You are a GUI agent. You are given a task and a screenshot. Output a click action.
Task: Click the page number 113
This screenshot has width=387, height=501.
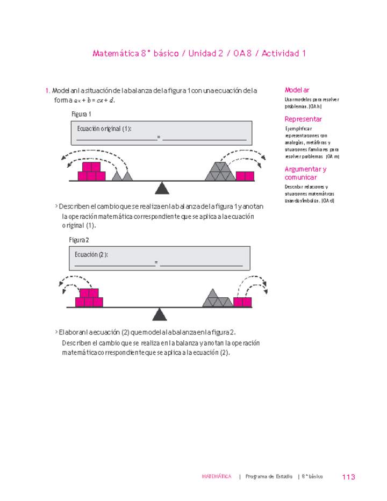(348, 477)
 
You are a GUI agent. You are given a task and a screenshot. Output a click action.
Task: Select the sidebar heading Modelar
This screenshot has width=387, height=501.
(297, 90)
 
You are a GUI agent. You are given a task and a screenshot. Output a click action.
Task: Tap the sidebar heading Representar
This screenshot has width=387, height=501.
(303, 119)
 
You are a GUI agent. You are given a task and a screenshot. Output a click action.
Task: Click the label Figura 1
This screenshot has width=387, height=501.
(81, 114)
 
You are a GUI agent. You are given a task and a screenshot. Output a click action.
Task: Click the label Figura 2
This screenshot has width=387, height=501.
(80, 240)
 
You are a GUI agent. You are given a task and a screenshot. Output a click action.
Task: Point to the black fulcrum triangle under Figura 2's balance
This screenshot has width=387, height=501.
(159, 313)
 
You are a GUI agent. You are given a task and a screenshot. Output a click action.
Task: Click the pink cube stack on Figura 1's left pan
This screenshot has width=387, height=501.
(91, 171)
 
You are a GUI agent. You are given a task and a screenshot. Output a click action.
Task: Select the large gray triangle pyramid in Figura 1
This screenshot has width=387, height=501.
(220, 171)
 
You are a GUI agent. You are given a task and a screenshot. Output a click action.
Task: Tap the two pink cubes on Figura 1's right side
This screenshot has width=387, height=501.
(245, 176)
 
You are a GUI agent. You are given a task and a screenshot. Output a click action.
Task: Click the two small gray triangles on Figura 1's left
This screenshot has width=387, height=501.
(122, 176)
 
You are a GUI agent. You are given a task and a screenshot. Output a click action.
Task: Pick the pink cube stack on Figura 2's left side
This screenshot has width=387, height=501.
(89, 298)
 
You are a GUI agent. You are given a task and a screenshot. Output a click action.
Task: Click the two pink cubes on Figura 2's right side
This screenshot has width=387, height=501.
(242, 302)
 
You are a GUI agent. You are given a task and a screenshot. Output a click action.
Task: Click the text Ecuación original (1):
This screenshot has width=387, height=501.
(104, 129)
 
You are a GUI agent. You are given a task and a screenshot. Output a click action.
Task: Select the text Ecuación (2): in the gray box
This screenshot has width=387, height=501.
(91, 254)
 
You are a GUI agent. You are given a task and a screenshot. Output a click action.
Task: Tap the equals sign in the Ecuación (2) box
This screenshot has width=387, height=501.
(156, 263)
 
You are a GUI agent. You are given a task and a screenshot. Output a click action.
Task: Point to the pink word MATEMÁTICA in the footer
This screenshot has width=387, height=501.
(217, 477)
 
